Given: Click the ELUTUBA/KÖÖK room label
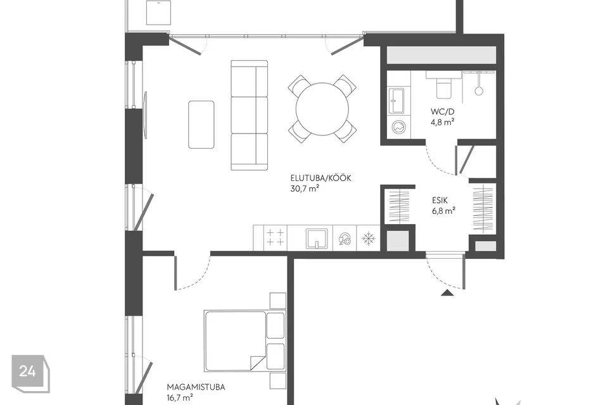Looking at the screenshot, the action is tap(320, 178).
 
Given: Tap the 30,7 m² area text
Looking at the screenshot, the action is tap(305, 189).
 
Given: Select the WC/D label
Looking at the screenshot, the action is tap(443, 111).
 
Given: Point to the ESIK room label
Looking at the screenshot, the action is tap(440, 201).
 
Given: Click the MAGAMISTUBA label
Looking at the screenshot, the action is tap(196, 387).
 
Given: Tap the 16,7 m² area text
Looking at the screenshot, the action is tap(180, 397).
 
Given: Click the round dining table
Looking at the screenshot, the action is tap(322, 109).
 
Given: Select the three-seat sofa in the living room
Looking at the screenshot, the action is tap(250, 115).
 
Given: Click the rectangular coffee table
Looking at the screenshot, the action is tap(201, 125).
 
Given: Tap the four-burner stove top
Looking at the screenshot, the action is tap(275, 237).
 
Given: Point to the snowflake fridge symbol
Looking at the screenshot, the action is tap(368, 239).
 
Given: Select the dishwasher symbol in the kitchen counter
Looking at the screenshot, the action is tap(345, 239).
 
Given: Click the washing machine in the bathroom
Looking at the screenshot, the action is tap(398, 127).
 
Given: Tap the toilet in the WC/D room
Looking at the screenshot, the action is tap(445, 87).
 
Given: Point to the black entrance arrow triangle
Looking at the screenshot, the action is tap(448, 292).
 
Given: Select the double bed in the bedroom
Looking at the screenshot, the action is tap(244, 340).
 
